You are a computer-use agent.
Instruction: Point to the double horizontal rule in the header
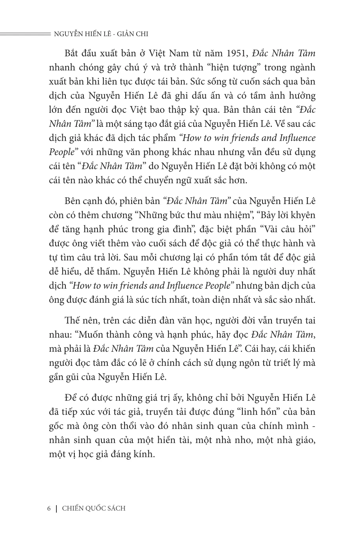[x=24, y=34]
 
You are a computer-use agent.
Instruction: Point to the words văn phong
[x=150, y=152]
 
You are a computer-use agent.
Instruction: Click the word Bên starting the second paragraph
[x=72, y=201]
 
